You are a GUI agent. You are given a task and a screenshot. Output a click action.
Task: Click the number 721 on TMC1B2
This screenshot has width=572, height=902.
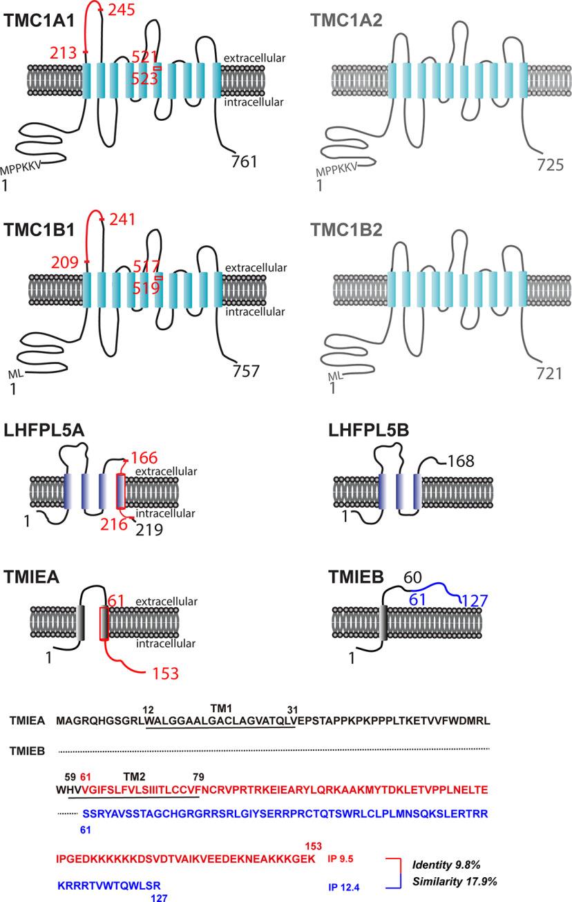[550, 374]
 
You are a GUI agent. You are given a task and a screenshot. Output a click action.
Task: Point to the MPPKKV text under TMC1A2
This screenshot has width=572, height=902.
[334, 171]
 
